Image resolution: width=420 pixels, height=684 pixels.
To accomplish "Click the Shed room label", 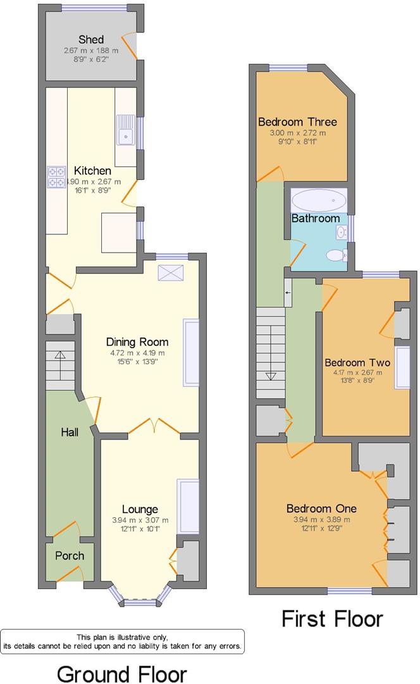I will tap(92, 40).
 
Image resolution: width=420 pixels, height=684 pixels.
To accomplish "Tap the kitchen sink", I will tap(126, 134).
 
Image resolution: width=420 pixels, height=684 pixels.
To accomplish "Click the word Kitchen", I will tap(93, 171).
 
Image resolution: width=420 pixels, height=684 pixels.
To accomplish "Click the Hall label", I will tap(70, 432).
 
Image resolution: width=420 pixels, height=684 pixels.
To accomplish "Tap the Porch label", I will tap(70, 555).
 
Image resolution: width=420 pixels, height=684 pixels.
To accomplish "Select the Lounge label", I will tap(140, 509).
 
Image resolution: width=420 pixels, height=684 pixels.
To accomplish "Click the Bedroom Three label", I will tap(297, 122).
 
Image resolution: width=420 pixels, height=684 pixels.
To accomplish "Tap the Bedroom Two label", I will tap(357, 363).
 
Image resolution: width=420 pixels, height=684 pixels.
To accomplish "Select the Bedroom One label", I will tap(321, 509).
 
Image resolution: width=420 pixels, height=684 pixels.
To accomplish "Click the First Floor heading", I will tap(332, 618).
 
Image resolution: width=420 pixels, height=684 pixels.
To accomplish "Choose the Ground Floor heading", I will tap(122, 673).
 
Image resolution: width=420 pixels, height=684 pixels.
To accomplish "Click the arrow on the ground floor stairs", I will tap(60, 356).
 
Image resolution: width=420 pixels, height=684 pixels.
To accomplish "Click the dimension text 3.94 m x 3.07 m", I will tap(140, 521).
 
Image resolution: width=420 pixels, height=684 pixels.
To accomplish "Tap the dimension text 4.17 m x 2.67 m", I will tap(357, 374).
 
